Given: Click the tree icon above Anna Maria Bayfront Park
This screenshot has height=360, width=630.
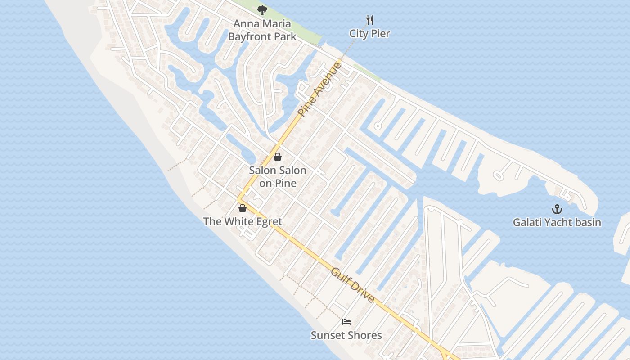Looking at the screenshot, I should (x=262, y=10).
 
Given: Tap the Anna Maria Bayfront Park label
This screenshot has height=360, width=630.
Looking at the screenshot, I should (x=262, y=30).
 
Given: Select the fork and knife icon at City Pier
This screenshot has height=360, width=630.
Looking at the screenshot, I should (x=370, y=20).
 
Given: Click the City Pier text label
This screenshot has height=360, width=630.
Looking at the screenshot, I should (x=370, y=34).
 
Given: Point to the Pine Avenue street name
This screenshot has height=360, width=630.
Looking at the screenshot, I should (x=320, y=90).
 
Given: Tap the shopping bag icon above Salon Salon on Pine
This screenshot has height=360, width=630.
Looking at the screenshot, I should (x=278, y=157).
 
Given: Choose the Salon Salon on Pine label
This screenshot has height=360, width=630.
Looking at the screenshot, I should (x=278, y=177).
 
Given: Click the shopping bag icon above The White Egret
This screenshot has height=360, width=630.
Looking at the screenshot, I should (x=243, y=208).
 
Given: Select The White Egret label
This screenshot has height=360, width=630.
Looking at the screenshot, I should (x=243, y=221).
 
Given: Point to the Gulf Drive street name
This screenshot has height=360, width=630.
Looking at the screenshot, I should (x=353, y=285).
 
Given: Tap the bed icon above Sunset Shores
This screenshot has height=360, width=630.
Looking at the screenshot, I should (x=346, y=321).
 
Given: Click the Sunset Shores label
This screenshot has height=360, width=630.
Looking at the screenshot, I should (x=346, y=335).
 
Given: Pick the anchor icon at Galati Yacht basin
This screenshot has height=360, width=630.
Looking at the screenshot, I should (x=557, y=209).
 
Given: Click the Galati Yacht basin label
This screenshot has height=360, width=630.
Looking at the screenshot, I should (x=557, y=222).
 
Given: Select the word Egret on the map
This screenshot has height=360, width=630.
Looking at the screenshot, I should (x=268, y=221).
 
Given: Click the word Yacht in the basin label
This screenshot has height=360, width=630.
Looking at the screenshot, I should (x=553, y=222).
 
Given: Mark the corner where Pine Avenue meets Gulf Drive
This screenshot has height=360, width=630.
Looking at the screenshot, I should (x=238, y=199).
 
